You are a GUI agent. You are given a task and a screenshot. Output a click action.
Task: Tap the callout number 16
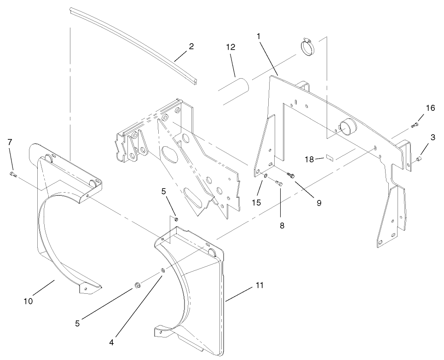tap(430, 108)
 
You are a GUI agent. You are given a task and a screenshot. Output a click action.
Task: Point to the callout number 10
tap(29, 301)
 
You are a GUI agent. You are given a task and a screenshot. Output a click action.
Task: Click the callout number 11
tap(259, 286)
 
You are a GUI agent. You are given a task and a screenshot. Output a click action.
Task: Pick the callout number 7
tap(10, 142)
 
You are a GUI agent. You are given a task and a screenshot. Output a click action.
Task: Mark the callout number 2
tap(191, 46)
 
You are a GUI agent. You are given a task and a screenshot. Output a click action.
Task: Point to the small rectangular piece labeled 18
tap(329, 158)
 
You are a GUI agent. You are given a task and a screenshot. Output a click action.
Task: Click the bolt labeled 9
tap(290, 175)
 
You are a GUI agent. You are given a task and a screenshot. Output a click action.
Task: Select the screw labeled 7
tap(12, 174)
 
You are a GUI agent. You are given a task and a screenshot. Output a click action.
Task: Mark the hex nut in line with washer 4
tap(137, 286)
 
